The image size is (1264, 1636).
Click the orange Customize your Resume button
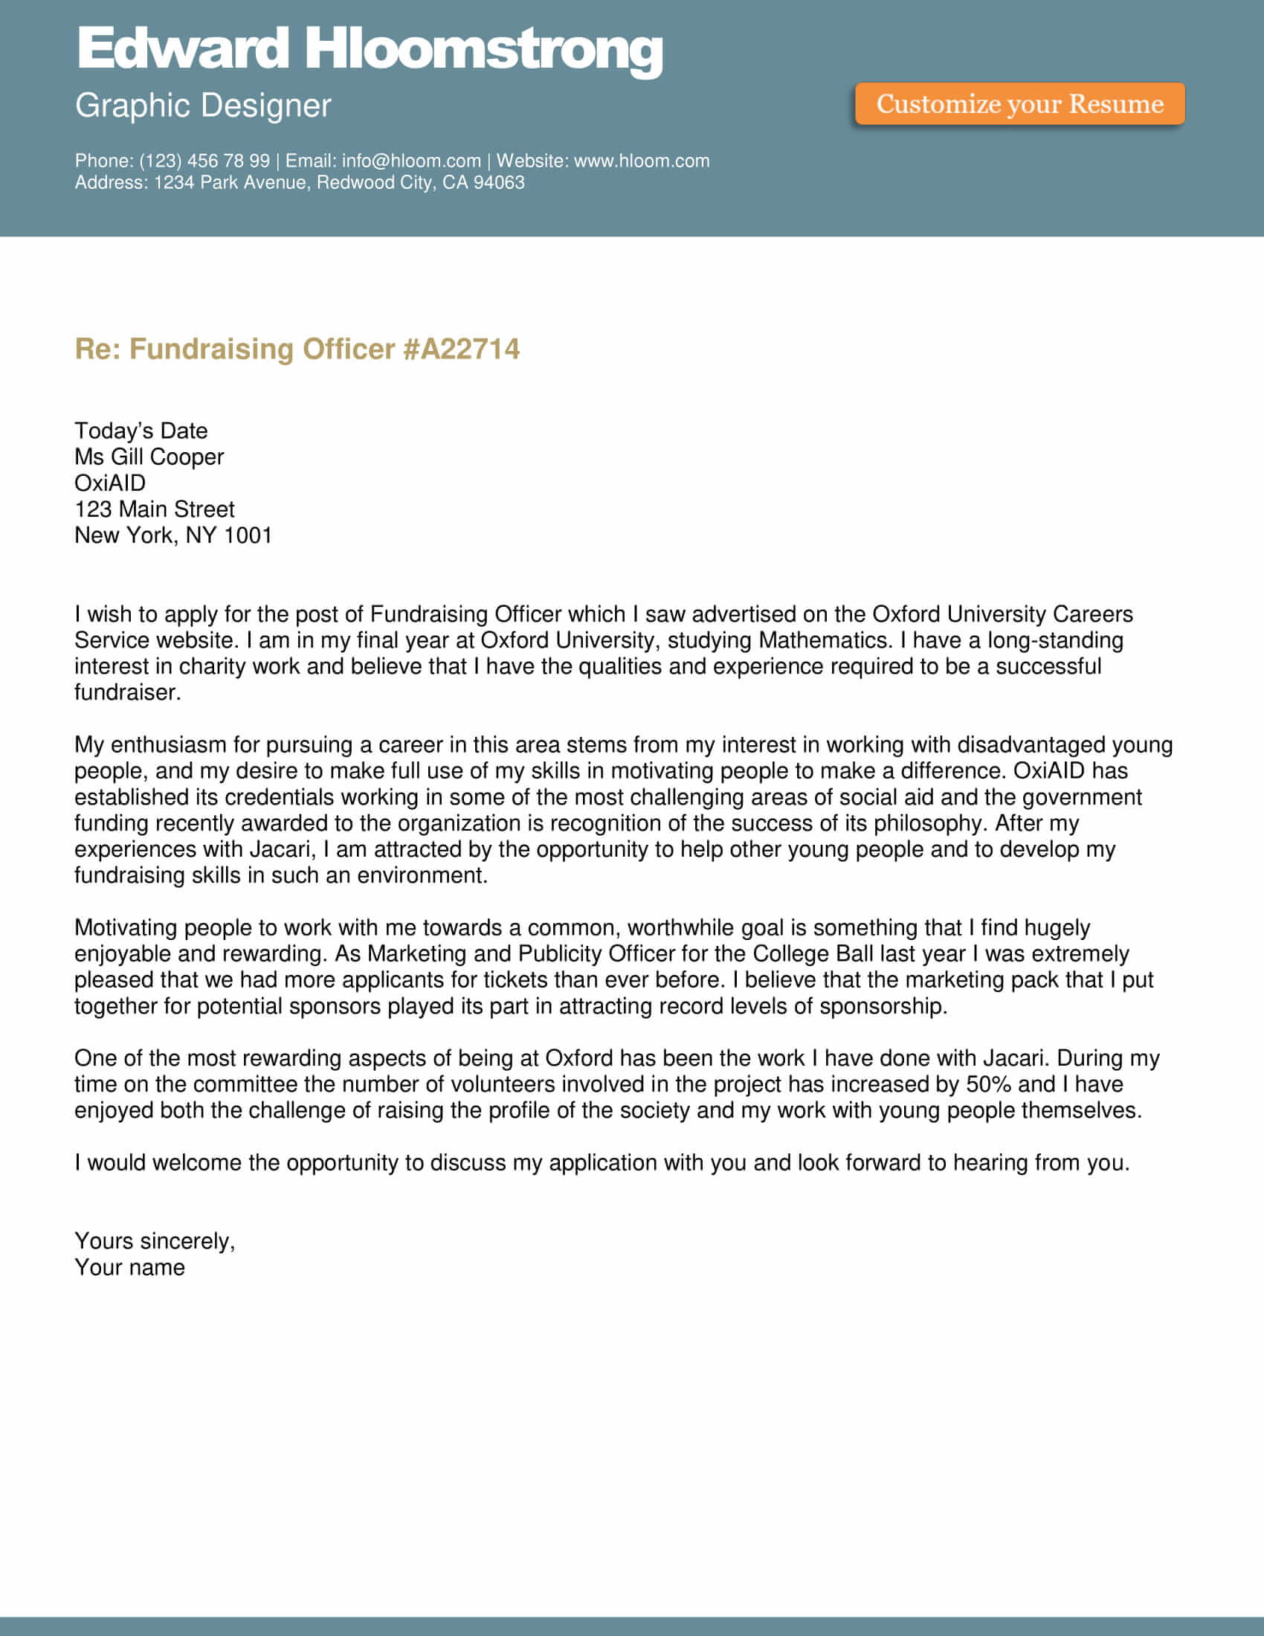[1019, 103]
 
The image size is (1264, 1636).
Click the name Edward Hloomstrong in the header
[370, 49]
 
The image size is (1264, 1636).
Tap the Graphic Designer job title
[202, 106]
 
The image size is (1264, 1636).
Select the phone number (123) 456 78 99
[204, 161]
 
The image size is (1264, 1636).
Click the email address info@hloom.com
[411, 161]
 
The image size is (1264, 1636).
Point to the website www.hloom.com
[641, 161]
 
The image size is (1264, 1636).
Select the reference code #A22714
[461, 349]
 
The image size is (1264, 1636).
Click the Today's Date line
[141, 431]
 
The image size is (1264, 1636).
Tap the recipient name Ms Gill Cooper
[149, 457]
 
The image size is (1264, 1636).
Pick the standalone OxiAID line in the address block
[110, 483]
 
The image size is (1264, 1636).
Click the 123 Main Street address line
[154, 509]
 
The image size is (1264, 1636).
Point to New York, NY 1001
[173, 535]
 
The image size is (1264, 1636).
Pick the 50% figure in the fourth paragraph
[988, 1084]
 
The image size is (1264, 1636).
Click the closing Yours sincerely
[154, 1241]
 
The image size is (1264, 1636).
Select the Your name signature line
[129, 1267]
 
